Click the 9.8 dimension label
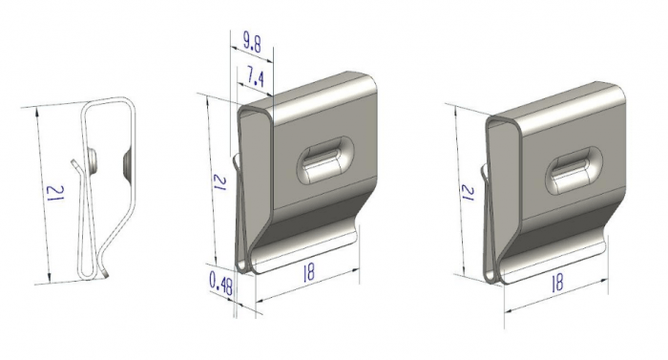[x=252, y=42]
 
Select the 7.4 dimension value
[x=255, y=77]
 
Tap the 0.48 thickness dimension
[x=221, y=284]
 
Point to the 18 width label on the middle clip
[x=308, y=272]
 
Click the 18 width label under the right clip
[x=556, y=282]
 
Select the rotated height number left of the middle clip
[x=219, y=182]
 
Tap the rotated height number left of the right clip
[x=468, y=193]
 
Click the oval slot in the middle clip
[x=325, y=160]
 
